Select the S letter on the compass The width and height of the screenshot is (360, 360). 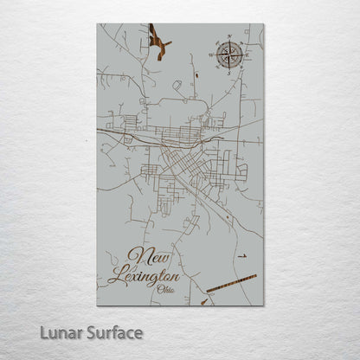point(228,74)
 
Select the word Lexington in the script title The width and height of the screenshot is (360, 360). point(145,277)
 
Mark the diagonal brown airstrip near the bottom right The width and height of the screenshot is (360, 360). point(232,282)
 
